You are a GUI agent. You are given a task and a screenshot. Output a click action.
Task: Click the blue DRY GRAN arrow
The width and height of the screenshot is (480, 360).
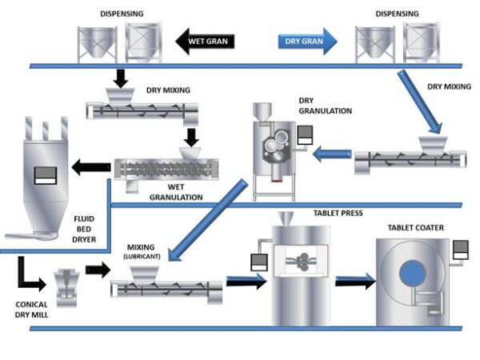click(309, 41)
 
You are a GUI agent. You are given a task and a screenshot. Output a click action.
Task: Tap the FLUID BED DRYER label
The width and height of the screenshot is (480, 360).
click(85, 228)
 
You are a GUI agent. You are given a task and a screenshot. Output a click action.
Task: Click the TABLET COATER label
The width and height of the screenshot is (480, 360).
click(415, 227)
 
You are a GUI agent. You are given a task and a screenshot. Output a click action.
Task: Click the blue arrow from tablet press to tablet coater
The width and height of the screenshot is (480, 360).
click(356, 279)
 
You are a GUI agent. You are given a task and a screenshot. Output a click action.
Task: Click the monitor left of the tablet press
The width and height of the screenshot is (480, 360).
click(258, 262)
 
